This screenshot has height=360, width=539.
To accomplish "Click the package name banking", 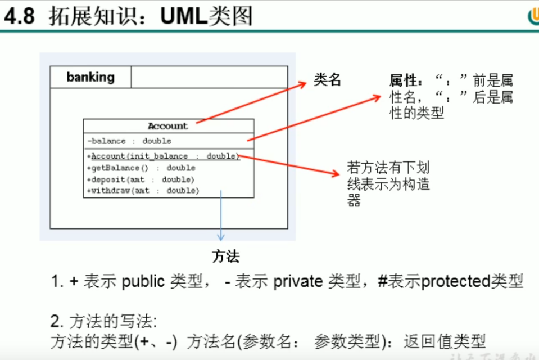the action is click(x=90, y=77).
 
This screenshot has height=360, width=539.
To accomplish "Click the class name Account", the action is click(x=167, y=126).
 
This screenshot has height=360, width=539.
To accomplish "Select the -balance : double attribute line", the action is click(x=129, y=141).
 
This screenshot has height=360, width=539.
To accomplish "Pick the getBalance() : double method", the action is click(x=141, y=168).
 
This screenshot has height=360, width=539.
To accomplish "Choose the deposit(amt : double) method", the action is click(x=140, y=179).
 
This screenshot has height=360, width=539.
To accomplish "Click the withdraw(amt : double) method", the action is click(x=143, y=191).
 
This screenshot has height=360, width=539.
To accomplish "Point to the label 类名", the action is click(x=328, y=80).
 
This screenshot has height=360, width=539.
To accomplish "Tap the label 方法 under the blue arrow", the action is click(x=226, y=257).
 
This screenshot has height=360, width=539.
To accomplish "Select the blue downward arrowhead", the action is click(x=221, y=237).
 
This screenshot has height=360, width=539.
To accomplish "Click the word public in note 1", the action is click(x=143, y=281).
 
